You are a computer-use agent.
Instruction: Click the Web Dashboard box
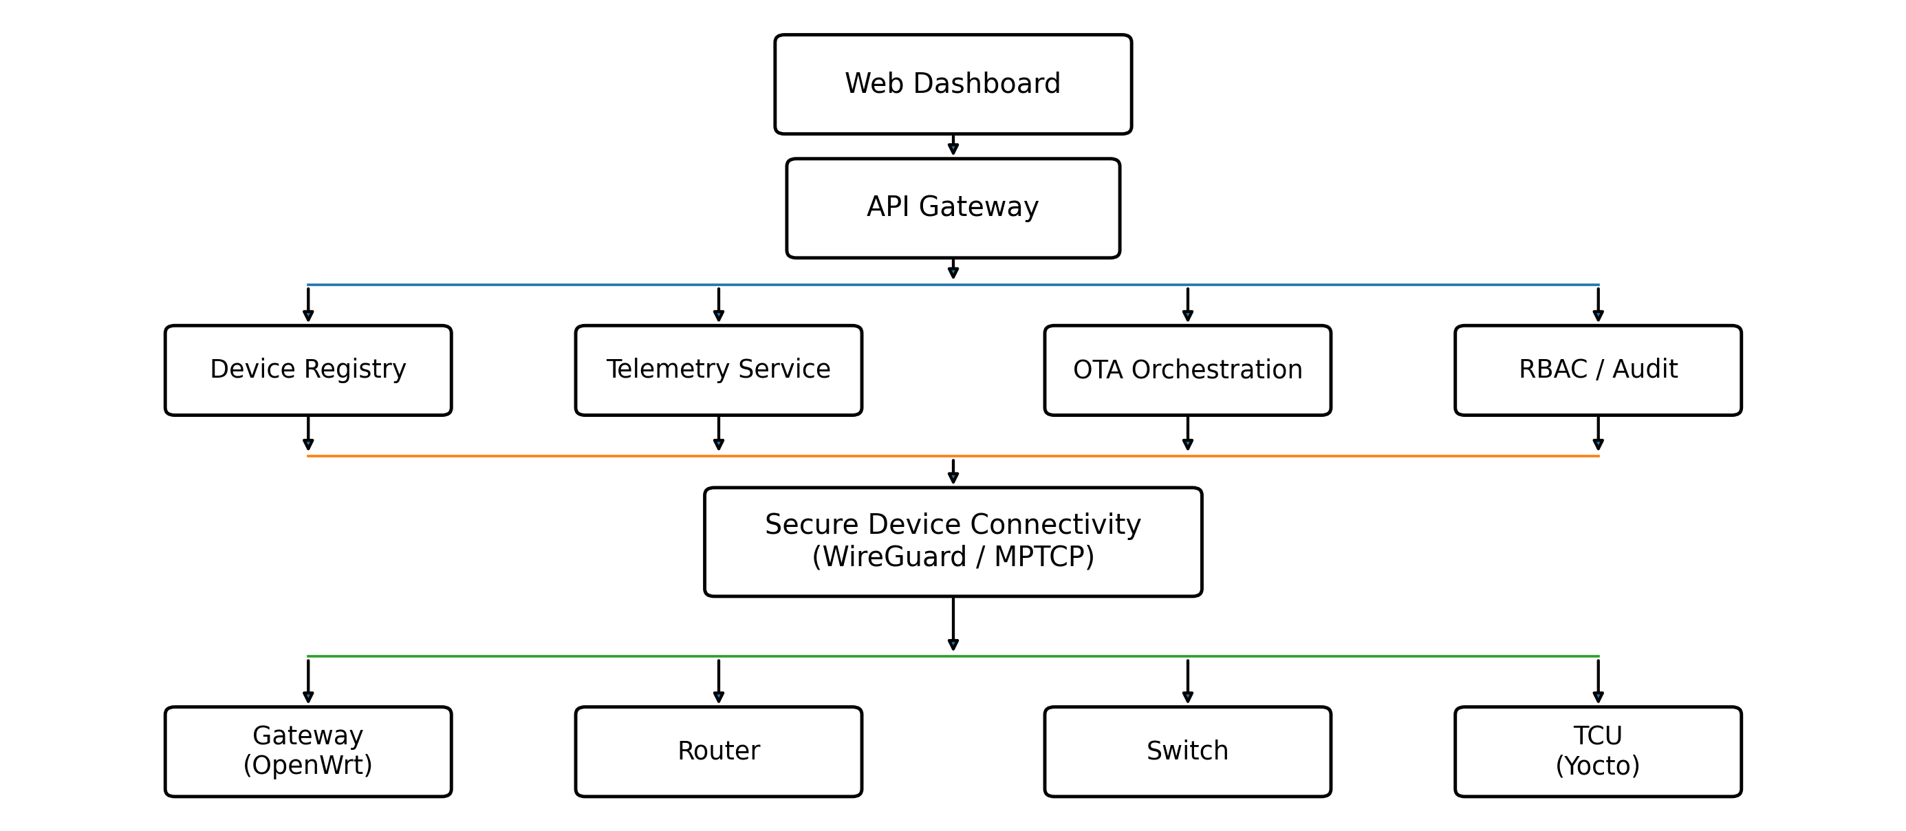tap(953, 84)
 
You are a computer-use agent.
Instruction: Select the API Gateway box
tap(953, 207)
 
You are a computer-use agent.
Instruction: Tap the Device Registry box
tap(307, 369)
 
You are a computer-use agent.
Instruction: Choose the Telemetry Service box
tap(719, 369)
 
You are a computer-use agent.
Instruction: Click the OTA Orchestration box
tap(1187, 369)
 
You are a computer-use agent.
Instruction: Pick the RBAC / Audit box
tap(1599, 369)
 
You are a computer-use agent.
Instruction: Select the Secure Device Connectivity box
tap(953, 541)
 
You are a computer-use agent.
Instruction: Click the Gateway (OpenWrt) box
tap(307, 751)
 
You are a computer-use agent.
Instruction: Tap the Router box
tap(719, 751)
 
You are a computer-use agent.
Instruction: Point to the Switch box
tap(1187, 751)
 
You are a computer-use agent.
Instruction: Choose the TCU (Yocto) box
tap(1599, 751)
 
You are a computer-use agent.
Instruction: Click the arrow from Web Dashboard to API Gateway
tap(953, 145)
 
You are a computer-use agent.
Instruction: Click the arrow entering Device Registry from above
tap(307, 304)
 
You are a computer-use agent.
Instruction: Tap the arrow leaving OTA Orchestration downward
tap(1187, 433)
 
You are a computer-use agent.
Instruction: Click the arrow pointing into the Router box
tap(719, 681)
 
